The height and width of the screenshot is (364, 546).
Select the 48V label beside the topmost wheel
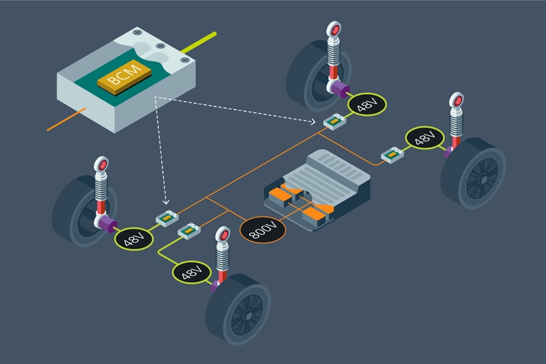point(367,104)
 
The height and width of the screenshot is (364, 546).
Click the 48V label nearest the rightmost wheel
point(424,138)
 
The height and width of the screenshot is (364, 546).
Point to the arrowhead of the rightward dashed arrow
point(319,121)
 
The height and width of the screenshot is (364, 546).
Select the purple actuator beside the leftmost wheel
point(106,223)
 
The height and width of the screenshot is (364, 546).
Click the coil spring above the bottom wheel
point(222,255)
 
